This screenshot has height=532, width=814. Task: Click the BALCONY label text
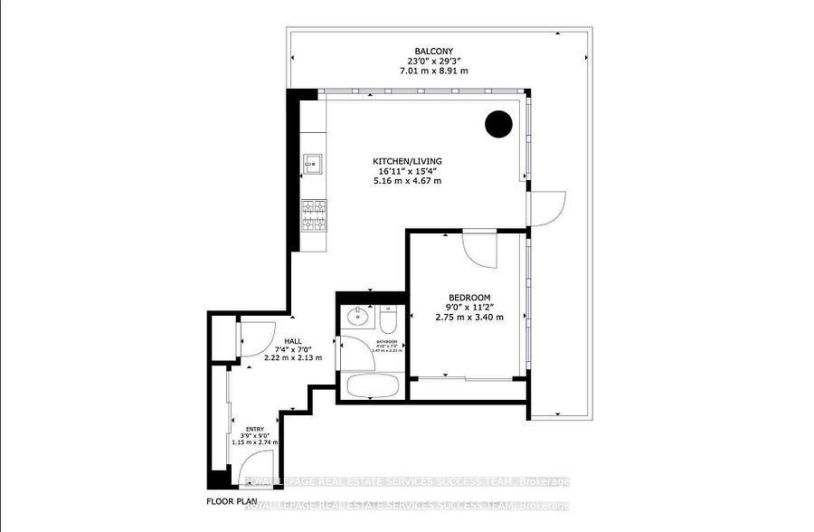pos(428,51)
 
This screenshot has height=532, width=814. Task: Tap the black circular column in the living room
pos(498,124)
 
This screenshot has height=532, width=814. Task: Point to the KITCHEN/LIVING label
pos(409,161)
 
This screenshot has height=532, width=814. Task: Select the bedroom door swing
pos(480,250)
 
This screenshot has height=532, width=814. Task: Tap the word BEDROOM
pos(469,298)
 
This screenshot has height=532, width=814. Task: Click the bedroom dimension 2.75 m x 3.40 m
pos(469,317)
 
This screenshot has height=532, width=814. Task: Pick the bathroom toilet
pos(389,319)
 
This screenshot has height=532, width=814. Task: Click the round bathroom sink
pos(358,317)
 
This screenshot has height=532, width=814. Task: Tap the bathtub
pos(372,385)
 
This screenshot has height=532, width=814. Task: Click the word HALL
pos(293,340)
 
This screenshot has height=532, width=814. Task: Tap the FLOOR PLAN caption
pos(231,500)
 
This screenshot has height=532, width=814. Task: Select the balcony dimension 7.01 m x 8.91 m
pos(428,71)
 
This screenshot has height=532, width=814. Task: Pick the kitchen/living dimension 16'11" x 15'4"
pos(409,171)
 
